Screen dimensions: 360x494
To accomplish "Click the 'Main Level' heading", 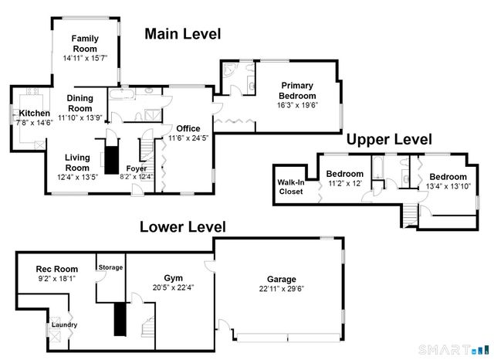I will (x=182, y=34).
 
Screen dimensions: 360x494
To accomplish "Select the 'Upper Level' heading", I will (x=388, y=140).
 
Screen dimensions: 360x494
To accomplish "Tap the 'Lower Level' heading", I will (x=182, y=227).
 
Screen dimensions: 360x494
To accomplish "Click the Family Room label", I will (x=85, y=43).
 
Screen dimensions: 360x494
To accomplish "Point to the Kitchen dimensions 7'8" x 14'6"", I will (x=35, y=122).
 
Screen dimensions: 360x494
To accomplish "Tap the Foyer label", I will (x=136, y=168).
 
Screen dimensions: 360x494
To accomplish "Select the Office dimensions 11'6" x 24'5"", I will (x=188, y=138).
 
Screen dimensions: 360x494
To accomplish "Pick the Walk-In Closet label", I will (x=290, y=187).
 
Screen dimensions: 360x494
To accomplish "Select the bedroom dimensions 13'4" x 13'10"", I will (x=448, y=186).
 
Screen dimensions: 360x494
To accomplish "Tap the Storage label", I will (x=110, y=267).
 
